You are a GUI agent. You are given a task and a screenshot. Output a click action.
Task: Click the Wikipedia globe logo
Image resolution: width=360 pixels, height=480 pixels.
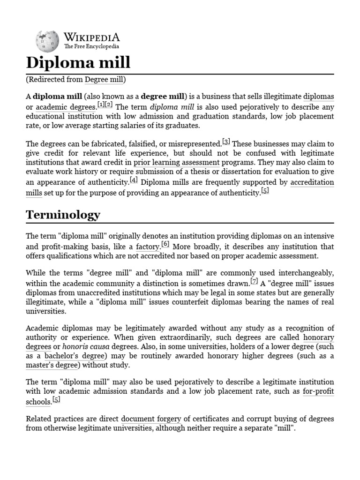tap(46, 41)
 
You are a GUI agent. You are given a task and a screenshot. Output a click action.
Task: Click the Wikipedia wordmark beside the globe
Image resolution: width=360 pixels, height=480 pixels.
tap(91, 37)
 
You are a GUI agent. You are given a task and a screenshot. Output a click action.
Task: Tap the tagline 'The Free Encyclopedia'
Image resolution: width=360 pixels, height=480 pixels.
tap(91, 47)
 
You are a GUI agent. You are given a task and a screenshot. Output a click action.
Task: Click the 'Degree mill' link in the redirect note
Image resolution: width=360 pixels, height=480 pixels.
tap(104, 80)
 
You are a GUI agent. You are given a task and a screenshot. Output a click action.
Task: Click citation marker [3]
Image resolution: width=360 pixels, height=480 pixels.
tap(226, 142)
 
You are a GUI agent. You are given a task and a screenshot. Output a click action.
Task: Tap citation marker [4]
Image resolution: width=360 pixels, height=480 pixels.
tap(134, 180)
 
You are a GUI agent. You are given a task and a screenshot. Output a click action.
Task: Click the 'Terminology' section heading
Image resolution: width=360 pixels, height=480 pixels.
tap(63, 215)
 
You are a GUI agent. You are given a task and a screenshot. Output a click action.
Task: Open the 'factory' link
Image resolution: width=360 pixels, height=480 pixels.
tap(148, 247)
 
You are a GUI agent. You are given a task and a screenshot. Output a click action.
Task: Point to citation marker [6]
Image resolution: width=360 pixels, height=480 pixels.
tap(165, 244)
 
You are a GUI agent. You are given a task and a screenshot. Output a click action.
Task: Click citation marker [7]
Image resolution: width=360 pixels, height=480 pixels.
tap(254, 281)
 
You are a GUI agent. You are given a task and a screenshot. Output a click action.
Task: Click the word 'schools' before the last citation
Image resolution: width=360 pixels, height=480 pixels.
tap(38, 402)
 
